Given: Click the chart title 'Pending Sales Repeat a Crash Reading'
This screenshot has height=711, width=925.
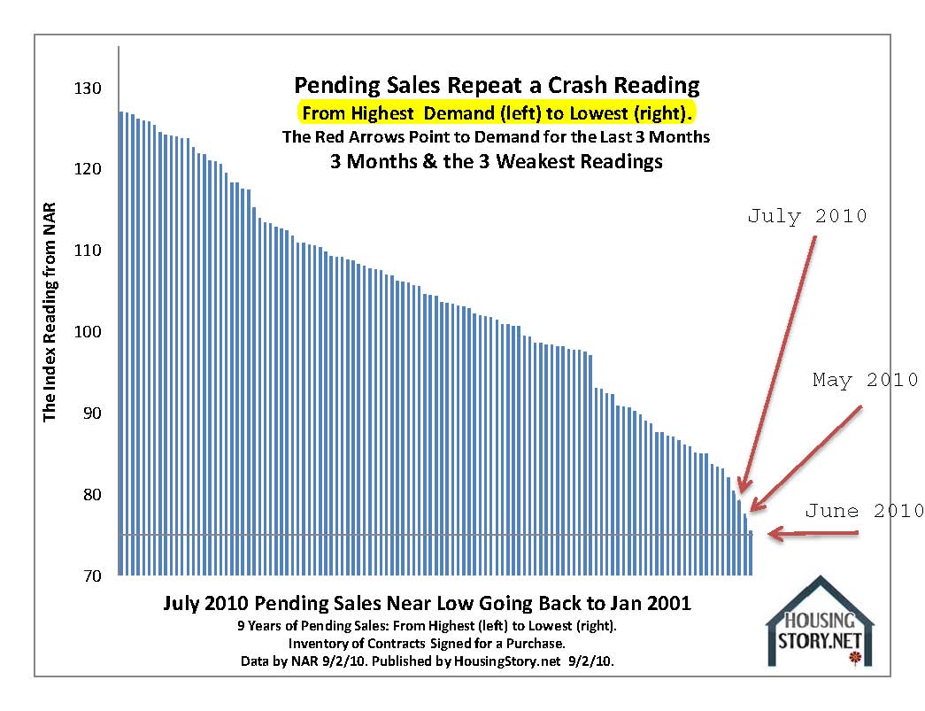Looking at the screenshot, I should tap(497, 85).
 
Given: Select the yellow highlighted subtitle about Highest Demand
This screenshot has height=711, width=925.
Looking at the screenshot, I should tap(497, 113).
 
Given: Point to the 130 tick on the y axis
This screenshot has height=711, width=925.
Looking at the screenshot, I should tap(89, 89).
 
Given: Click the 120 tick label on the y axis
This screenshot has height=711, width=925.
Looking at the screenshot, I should tap(89, 169).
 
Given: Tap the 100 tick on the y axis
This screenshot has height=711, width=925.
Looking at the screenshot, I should tap(89, 332).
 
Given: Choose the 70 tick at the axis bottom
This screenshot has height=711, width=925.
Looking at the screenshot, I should tap(92, 576).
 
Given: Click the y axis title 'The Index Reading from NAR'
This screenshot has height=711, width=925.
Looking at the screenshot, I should tap(50, 318).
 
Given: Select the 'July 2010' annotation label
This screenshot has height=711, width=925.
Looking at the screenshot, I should tap(806, 216).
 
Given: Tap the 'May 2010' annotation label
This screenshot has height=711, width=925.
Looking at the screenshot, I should tap(865, 381).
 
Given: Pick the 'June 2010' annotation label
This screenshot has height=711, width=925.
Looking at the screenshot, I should tap(864, 511).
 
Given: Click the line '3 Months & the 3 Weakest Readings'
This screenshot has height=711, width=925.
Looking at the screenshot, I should tap(497, 162).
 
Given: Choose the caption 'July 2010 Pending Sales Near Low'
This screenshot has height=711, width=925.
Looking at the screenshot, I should tap(427, 604).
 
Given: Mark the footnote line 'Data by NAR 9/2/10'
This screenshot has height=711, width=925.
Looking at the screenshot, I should tap(427, 661).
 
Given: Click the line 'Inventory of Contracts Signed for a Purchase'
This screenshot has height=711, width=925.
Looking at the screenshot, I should tap(427, 642).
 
